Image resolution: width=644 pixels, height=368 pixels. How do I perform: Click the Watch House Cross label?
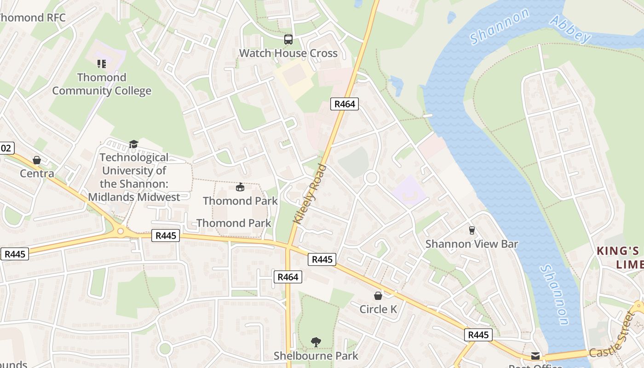click(x=288, y=53)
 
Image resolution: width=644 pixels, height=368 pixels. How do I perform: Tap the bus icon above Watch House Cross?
click(x=288, y=40)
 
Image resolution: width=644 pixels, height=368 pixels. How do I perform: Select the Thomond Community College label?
click(x=102, y=84)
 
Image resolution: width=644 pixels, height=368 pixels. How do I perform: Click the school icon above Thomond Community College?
click(x=102, y=63)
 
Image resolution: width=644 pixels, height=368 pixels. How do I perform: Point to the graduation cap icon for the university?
click(x=133, y=144)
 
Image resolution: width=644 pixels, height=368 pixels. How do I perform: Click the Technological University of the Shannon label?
click(x=134, y=177)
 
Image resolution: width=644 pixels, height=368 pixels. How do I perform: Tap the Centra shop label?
click(x=37, y=173)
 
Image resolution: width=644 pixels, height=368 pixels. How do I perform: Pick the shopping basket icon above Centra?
click(x=37, y=160)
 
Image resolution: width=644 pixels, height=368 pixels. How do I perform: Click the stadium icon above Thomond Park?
click(x=240, y=187)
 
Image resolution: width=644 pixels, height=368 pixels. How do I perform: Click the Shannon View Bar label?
click(x=471, y=244)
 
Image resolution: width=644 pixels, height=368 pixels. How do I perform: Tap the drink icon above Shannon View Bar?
click(x=471, y=230)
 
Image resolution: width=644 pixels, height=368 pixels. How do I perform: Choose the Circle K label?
click(x=378, y=309)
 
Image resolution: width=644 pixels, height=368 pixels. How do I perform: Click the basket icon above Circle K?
click(x=378, y=295)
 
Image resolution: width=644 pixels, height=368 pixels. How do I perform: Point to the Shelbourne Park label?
click(x=316, y=356)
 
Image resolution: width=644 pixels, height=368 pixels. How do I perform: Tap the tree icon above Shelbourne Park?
click(x=316, y=342)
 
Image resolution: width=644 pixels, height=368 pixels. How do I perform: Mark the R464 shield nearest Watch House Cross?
click(x=345, y=104)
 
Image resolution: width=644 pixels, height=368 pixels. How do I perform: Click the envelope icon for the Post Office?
click(x=535, y=356)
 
